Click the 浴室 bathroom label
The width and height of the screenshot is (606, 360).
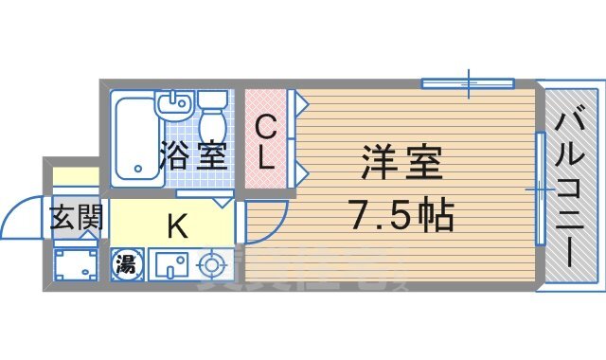[x=193, y=153]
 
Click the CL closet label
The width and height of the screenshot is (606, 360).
[x=266, y=141]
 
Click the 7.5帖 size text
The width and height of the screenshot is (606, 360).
[x=401, y=216]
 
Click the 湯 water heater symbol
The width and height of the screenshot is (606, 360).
[x=125, y=263]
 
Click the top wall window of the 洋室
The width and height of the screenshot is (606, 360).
[x=468, y=84]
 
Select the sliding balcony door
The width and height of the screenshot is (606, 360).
[x=540, y=189]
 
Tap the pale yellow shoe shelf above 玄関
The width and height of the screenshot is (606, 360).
[x=75, y=177]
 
